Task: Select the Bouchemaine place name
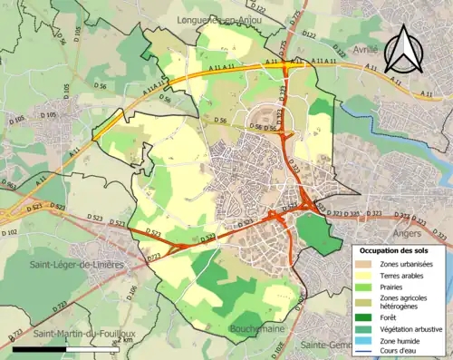[x=258, y=327]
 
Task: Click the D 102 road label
[x=9, y=233]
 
